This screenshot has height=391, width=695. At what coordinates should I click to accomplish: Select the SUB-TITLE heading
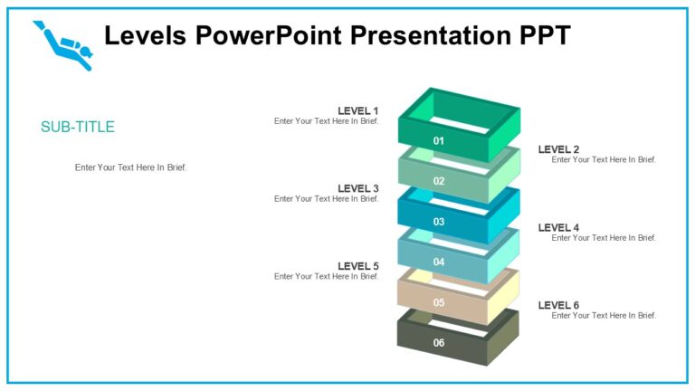[x=78, y=127]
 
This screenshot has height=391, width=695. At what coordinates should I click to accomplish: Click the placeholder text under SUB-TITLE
[x=130, y=167]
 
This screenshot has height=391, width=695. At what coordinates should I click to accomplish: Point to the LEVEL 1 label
[x=357, y=111]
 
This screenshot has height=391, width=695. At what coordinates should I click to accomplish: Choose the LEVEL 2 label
[x=558, y=149]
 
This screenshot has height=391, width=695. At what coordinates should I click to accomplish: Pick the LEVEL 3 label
[x=357, y=188]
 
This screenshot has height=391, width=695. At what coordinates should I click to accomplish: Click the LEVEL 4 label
[x=558, y=228]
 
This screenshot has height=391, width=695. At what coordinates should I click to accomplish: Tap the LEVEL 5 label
[x=357, y=266]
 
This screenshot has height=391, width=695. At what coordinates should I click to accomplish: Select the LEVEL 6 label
[x=558, y=305]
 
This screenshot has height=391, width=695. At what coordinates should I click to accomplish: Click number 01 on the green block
[x=439, y=141]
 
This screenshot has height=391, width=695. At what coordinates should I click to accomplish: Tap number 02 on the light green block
[x=439, y=181]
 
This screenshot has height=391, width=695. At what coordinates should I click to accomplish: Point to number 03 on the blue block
[x=439, y=222]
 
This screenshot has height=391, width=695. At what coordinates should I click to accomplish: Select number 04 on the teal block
[x=439, y=262]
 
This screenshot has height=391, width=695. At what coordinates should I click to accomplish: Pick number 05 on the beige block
[x=439, y=303]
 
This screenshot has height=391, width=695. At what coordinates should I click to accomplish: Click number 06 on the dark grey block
[x=439, y=343]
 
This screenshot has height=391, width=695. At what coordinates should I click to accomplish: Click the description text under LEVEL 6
[x=604, y=316]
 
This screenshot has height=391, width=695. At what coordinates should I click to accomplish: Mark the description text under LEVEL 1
[x=327, y=121]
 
